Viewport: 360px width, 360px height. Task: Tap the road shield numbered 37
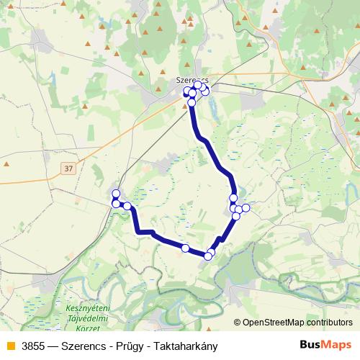[68, 168]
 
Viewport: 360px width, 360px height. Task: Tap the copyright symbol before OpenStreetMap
[238, 323]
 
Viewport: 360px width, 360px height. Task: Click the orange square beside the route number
[9, 346]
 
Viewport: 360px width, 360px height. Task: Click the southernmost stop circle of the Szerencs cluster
[192, 103]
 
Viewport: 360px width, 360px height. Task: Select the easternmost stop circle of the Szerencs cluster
[205, 91]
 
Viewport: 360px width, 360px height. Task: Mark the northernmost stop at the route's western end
[116, 194]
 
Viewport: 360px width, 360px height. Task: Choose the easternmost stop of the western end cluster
[127, 206]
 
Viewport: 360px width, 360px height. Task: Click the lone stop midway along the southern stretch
[185, 248]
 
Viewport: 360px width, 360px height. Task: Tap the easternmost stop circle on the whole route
[246, 208]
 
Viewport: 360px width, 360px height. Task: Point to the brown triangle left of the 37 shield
[6, 164]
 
